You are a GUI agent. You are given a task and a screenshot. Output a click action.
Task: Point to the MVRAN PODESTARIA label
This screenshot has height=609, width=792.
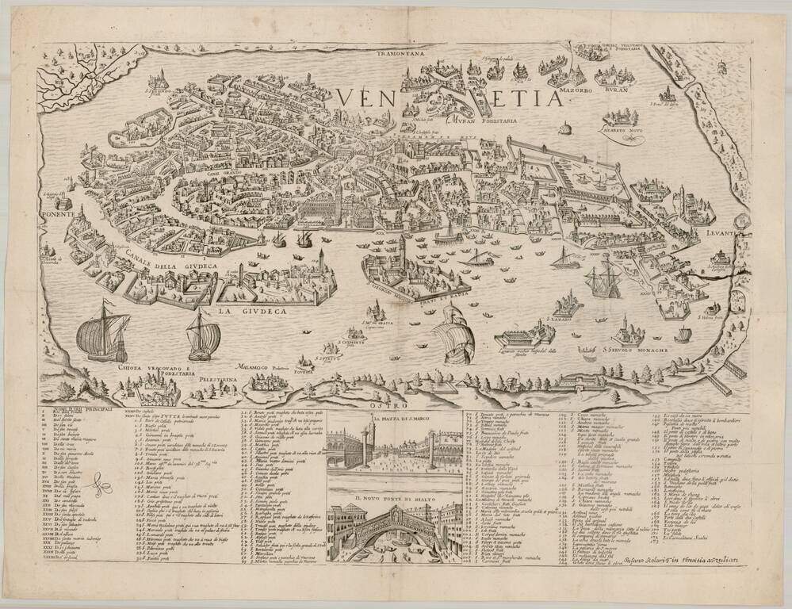484,122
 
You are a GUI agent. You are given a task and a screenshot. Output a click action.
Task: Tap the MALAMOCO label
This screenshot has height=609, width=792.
259,369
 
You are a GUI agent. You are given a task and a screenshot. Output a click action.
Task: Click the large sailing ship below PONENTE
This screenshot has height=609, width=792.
103,331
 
